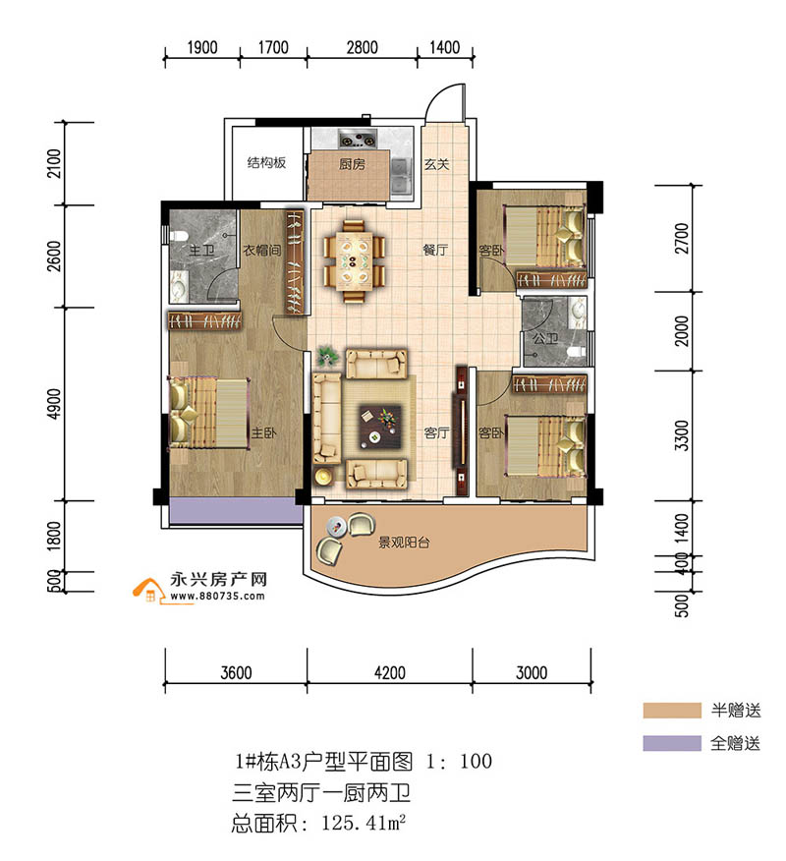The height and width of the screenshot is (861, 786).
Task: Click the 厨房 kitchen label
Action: (x=352, y=165)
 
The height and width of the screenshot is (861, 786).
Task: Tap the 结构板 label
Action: (x=266, y=162)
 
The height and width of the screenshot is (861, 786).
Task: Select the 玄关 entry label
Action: (x=436, y=165)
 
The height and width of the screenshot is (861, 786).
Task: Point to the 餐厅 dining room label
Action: (x=435, y=251)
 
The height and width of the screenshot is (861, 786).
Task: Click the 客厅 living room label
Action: (x=436, y=432)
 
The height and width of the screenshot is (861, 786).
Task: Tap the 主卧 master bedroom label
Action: (x=262, y=432)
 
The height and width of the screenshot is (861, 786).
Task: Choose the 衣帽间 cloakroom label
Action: (x=262, y=251)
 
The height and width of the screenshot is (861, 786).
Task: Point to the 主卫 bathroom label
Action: (x=200, y=251)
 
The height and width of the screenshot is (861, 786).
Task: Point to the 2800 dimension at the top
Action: (x=362, y=47)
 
